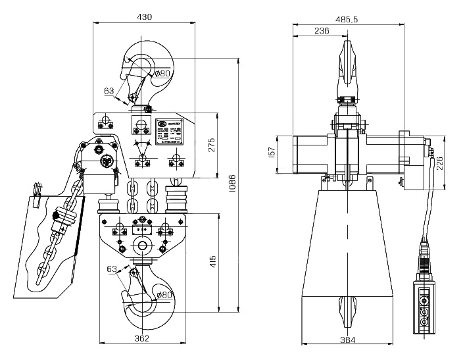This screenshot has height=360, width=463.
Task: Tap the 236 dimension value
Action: point(322,31)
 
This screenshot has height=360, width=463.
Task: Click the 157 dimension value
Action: point(270,153)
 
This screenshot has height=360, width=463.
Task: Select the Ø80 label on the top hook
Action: point(162,74)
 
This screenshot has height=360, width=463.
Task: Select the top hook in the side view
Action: point(348,66)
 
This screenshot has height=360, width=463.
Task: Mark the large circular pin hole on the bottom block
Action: point(141,246)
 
